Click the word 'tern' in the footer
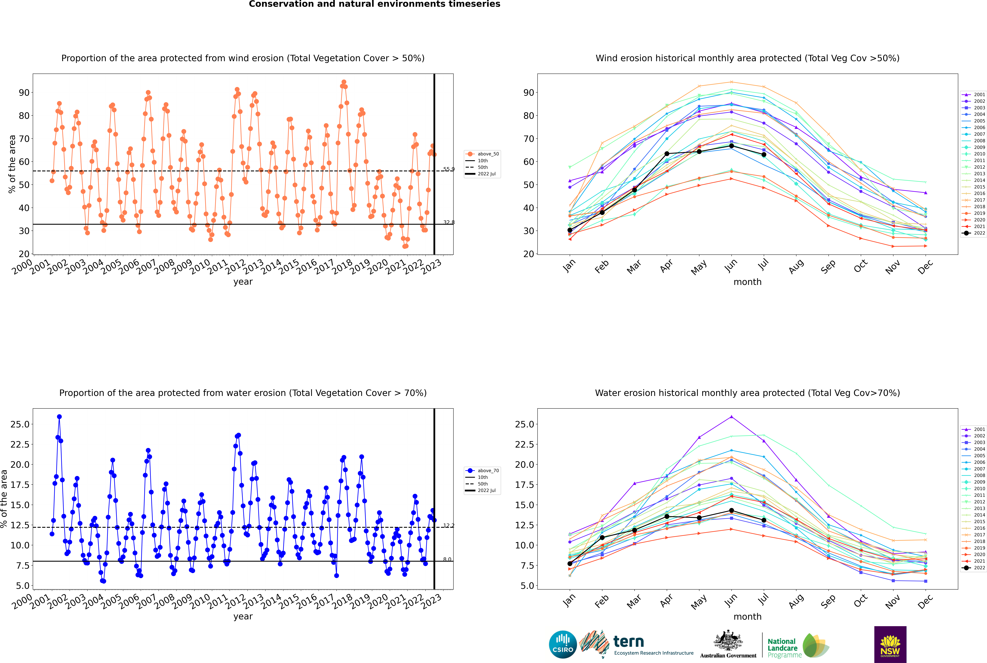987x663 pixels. pos(629,642)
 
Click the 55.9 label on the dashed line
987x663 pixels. pos(449,169)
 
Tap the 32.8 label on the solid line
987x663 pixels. pos(449,222)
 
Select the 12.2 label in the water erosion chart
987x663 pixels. pos(449,526)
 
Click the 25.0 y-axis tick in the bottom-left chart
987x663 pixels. pos(20,424)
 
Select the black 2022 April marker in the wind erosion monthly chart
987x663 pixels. pos(667,154)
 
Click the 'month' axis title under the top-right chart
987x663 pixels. pos(748,282)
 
